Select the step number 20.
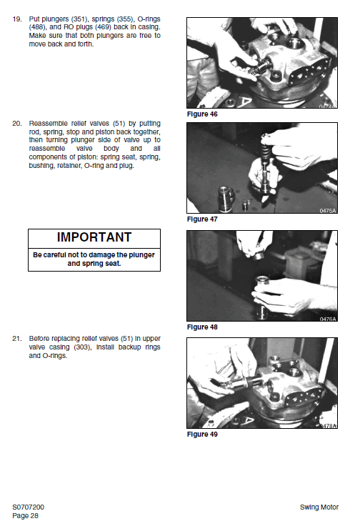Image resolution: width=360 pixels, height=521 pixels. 16,124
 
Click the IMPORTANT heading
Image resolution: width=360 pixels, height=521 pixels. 94,237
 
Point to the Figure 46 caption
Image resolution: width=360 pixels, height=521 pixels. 202,114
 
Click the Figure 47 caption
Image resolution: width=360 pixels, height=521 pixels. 202,219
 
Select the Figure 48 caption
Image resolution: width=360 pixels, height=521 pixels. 202,327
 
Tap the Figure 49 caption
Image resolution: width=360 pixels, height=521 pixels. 202,434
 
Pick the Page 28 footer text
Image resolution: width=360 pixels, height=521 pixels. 26,515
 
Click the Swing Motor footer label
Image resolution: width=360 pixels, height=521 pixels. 320,507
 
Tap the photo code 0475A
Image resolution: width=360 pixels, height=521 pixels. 328,210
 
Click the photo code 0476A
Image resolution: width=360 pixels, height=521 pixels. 328,318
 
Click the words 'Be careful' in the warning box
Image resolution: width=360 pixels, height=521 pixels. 52,254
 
